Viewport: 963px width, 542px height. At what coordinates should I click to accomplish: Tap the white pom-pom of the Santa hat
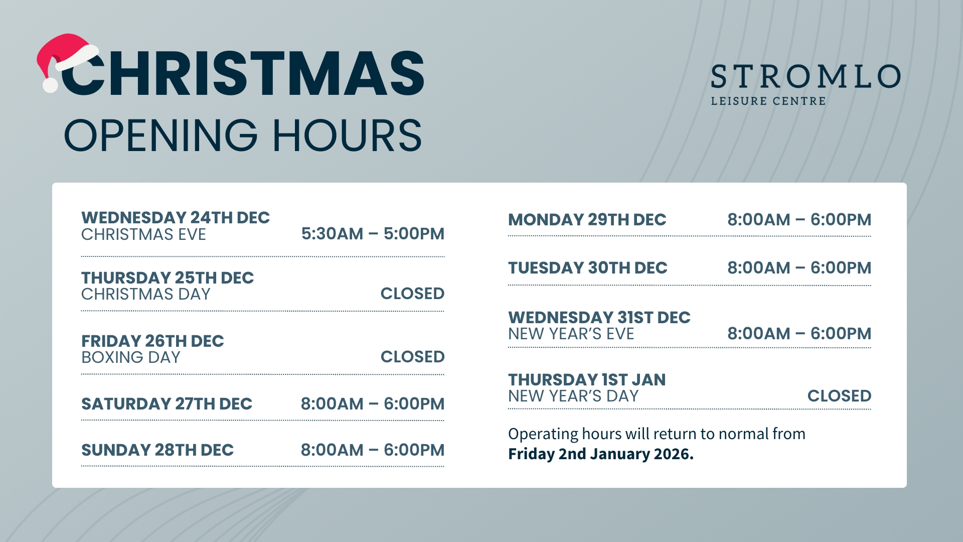[50, 85]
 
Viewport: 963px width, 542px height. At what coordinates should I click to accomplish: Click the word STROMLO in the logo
[806, 76]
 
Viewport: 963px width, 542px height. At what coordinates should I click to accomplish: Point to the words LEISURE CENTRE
[768, 101]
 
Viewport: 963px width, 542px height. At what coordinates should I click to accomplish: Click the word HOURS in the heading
[347, 135]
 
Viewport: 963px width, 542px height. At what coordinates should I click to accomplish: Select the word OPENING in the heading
[161, 135]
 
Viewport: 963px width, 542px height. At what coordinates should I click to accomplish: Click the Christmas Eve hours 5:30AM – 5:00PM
[373, 233]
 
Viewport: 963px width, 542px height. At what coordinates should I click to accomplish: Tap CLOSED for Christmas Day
[412, 293]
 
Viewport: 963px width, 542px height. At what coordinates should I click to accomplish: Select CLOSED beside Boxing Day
[412, 356]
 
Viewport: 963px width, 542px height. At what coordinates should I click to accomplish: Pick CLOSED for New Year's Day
[839, 395]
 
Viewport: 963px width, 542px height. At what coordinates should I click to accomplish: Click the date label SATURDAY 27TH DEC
[167, 403]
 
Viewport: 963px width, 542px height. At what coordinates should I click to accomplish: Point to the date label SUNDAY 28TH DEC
[157, 450]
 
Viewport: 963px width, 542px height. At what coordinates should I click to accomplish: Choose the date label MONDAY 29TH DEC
[587, 219]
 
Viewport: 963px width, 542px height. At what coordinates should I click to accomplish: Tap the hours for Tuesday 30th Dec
[799, 267]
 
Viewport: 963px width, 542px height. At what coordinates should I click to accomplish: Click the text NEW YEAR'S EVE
[571, 334]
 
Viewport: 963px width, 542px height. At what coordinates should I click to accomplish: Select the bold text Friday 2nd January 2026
[601, 454]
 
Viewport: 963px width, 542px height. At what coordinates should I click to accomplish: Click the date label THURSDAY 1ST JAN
[587, 379]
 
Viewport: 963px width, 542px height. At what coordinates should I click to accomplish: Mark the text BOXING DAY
[130, 357]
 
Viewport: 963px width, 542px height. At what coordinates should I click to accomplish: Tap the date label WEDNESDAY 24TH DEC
[176, 217]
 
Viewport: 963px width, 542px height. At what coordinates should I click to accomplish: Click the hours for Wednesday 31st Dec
[799, 333]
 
